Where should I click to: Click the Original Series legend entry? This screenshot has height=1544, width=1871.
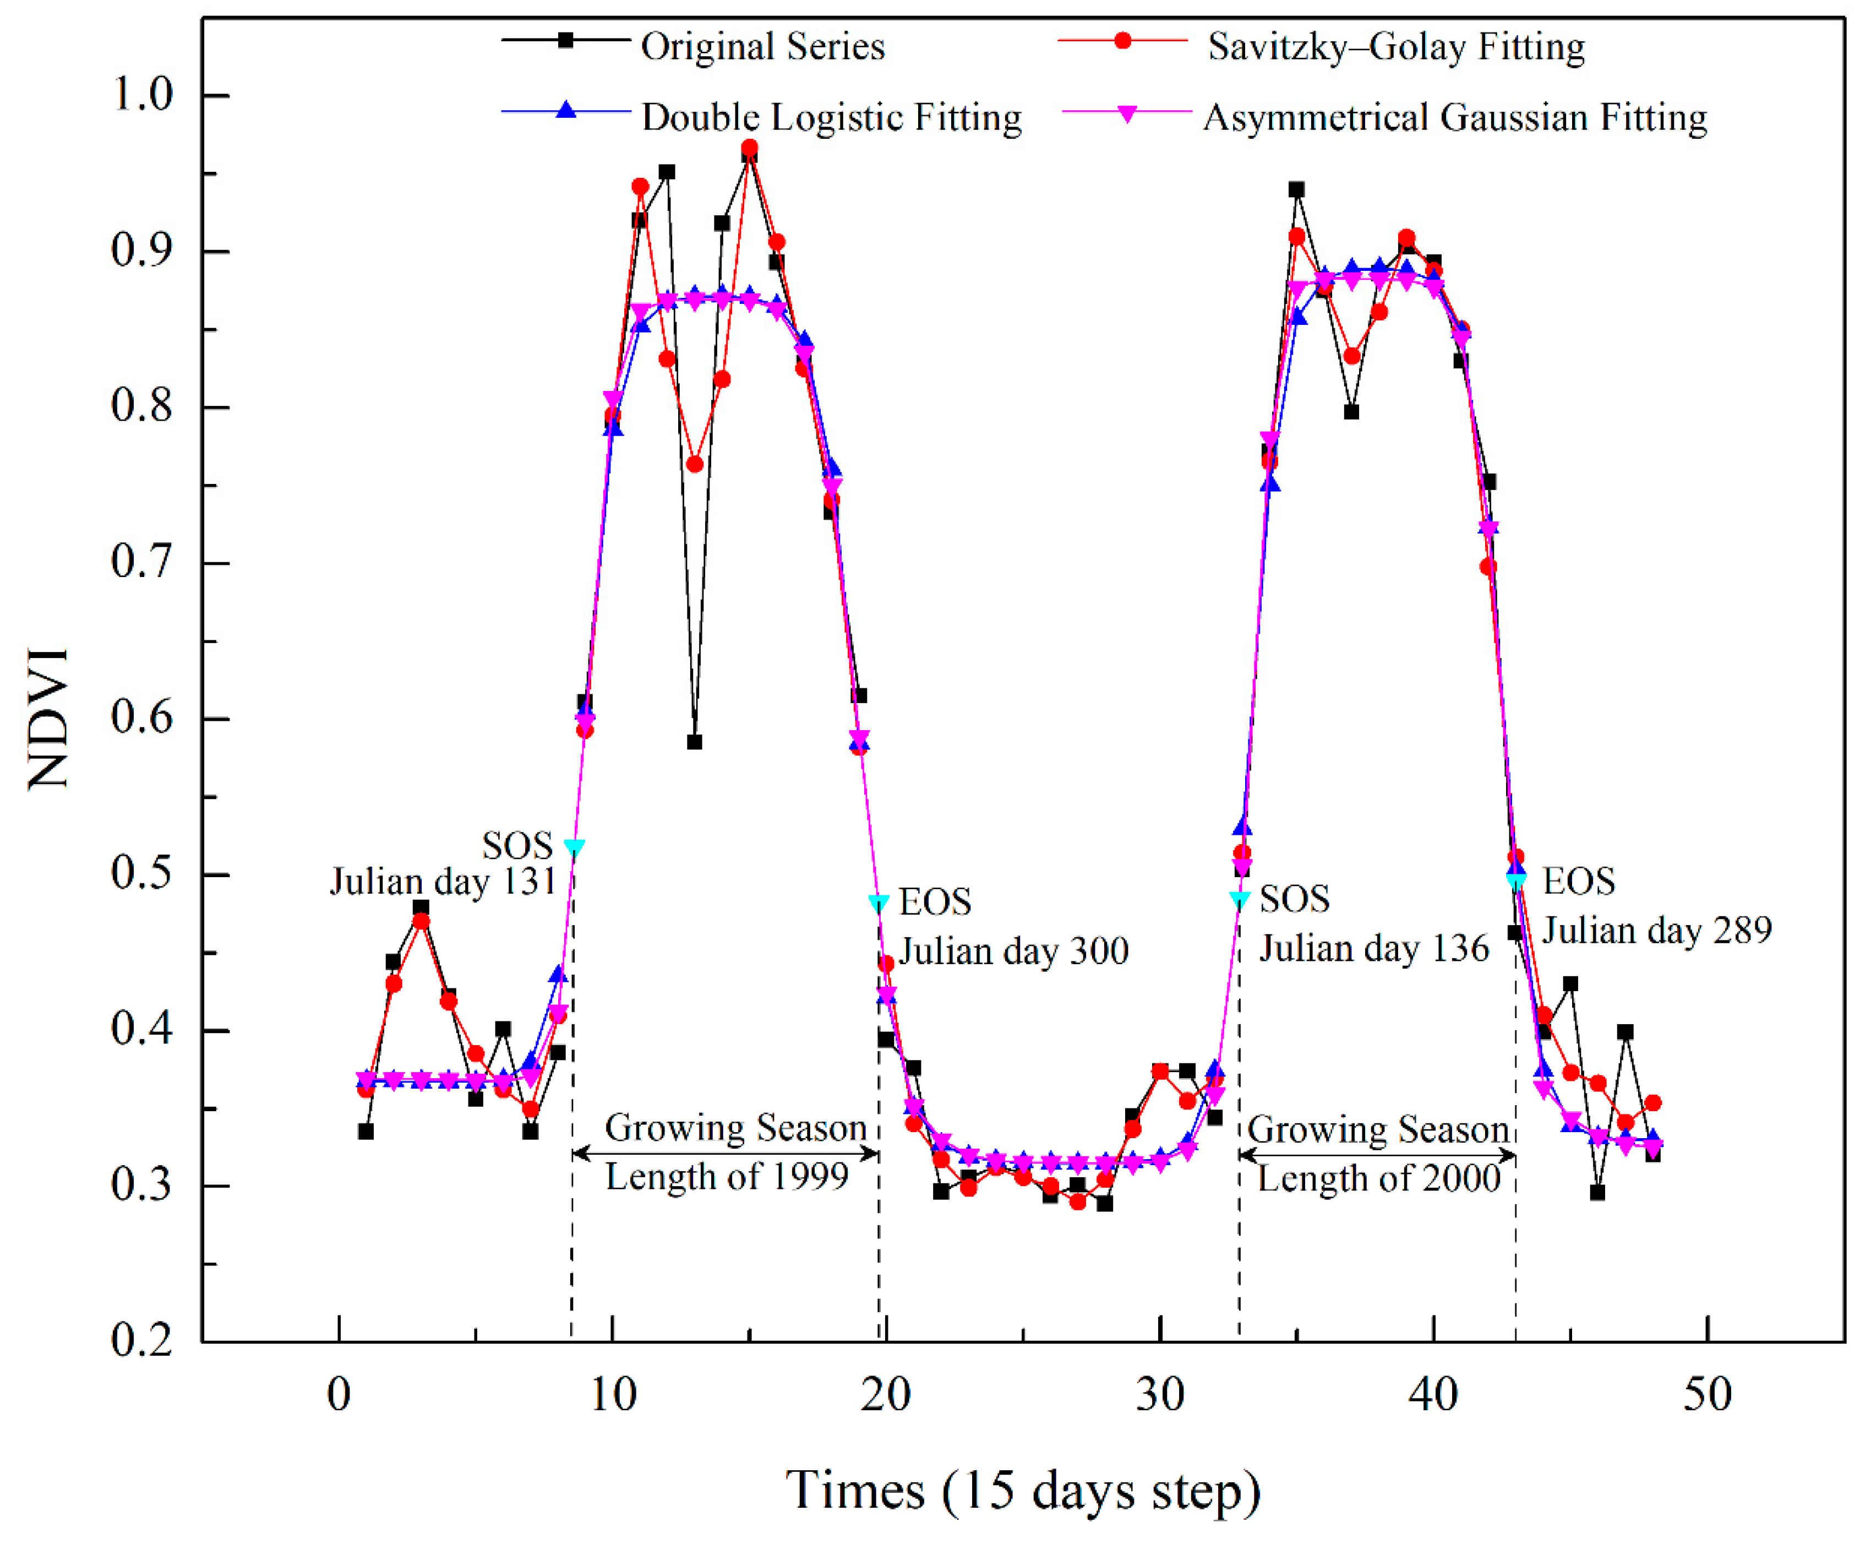coord(762,46)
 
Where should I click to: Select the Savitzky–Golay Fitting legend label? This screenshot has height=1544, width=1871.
coord(1395,46)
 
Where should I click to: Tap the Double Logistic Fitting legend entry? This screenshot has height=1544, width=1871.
coord(831,117)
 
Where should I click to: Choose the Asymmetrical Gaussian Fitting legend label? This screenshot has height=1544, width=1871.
coord(1455,117)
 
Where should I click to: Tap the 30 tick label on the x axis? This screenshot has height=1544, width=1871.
coord(1160,1395)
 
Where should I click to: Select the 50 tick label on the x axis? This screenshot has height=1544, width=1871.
coord(1706,1395)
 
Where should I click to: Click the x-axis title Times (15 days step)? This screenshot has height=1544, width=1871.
coord(1023,1489)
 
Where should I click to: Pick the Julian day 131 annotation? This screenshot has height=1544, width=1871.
coord(443,882)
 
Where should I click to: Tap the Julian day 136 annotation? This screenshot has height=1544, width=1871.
coord(1374,948)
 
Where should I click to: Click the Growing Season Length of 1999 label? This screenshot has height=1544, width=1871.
coord(731,1152)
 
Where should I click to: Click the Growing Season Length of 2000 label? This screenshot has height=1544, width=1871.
coord(1378,1154)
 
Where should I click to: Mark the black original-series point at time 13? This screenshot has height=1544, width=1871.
coord(695,742)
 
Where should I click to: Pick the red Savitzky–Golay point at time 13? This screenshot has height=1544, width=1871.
coord(695,464)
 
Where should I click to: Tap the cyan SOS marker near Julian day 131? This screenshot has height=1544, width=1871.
coord(575,847)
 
